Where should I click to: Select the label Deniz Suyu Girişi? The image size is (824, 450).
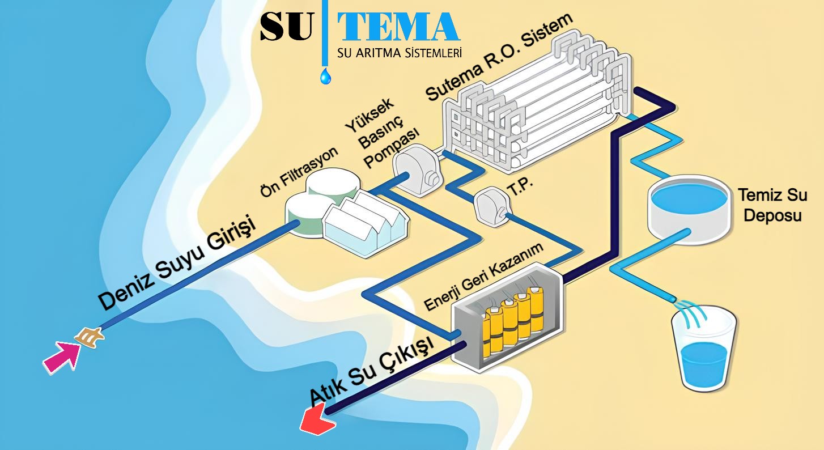click(177, 262)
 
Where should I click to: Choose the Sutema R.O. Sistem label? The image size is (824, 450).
click(499, 57)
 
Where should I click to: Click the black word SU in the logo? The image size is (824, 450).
click(286, 27)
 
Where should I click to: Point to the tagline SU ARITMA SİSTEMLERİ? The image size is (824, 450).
click(399, 53)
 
